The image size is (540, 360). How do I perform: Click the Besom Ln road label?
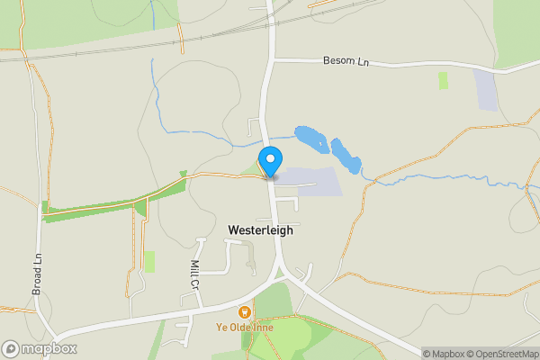coord(346,61)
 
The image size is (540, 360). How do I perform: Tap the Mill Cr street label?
coord(194,274)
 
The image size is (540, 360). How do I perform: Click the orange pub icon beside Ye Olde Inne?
coord(243,312)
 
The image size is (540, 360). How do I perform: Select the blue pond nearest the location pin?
coord(312,139)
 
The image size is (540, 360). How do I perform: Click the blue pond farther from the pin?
coord(346,156)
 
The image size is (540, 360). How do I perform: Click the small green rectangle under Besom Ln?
coord(443,80)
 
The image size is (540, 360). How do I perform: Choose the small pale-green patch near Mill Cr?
coord(149,261)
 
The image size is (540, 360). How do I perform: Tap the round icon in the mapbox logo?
coord(11,349)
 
